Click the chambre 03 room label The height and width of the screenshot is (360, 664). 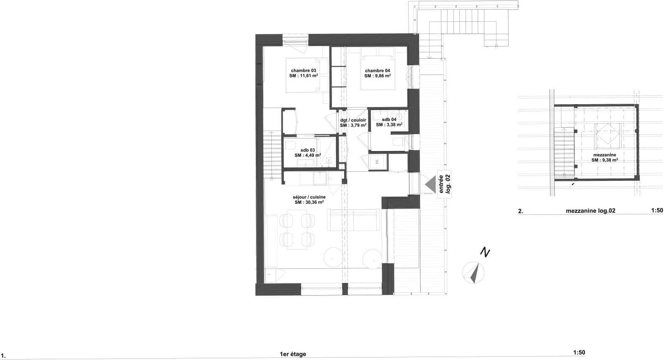[x=304, y=70]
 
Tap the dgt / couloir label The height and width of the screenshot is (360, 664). [x=353, y=120]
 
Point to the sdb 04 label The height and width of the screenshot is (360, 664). [x=389, y=119]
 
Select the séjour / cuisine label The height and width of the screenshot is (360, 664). [x=309, y=196]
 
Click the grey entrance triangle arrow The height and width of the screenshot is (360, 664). [x=430, y=184]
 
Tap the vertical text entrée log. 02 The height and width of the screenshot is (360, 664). [x=443, y=184]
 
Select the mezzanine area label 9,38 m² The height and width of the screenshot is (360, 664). [x=605, y=160]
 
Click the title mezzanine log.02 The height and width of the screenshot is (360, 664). [x=590, y=211]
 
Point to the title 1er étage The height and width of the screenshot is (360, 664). [x=293, y=354]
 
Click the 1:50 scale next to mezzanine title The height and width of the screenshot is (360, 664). [x=657, y=211]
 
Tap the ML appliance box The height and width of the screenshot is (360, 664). [x=377, y=162]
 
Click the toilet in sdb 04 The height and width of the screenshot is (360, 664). [x=398, y=141]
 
